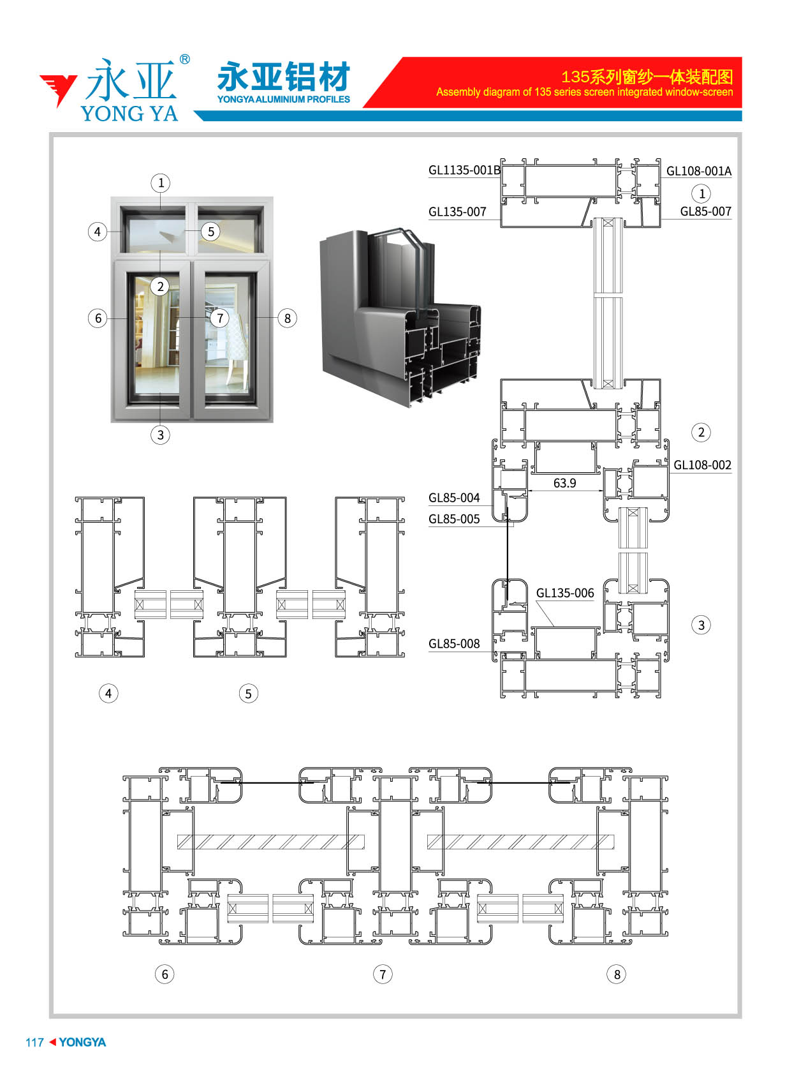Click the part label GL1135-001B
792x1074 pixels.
click(464, 170)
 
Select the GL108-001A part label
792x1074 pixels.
click(698, 171)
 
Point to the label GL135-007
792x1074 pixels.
click(457, 212)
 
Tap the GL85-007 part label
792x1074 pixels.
click(705, 211)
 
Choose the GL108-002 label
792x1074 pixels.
click(702, 465)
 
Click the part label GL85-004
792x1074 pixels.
click(454, 497)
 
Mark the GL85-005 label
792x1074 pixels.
click(454, 519)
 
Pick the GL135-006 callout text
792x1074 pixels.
click(564, 593)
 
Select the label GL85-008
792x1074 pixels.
click(454, 643)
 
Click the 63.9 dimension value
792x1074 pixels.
click(564, 483)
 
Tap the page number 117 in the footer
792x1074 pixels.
click(34, 1043)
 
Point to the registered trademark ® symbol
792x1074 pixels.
click(185, 59)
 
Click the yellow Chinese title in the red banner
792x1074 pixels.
click(647, 77)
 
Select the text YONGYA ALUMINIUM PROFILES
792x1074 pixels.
click(284, 100)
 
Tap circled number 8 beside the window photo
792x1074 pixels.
click(288, 318)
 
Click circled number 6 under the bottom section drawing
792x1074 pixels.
click(165, 974)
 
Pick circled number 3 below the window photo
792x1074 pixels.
click(160, 435)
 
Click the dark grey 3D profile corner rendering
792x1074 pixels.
click(400, 318)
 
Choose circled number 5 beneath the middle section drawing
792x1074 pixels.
click(248, 694)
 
